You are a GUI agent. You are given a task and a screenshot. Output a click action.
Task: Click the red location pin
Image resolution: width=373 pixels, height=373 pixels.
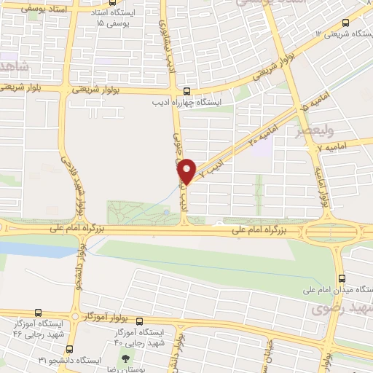click(x=187, y=171)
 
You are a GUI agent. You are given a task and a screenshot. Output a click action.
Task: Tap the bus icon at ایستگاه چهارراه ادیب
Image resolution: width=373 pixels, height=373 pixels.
click(x=186, y=92)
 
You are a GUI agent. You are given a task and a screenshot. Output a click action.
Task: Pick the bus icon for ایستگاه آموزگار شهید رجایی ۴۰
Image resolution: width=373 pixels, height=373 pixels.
click(x=140, y=321)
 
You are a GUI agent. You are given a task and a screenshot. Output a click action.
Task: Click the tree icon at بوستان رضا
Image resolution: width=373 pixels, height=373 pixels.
click(x=126, y=358)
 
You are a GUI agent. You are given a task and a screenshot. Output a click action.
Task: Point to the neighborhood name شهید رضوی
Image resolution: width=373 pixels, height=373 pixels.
click(x=343, y=310)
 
